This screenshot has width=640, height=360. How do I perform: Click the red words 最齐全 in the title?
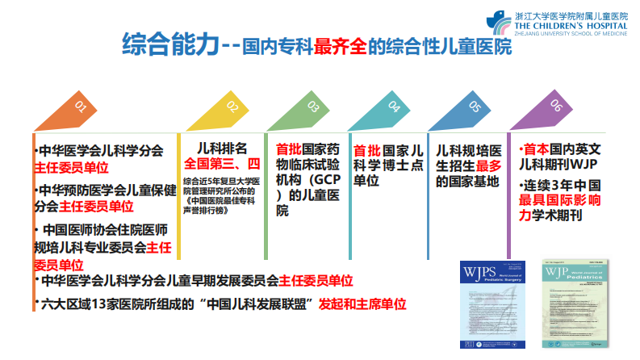click(x=348, y=45)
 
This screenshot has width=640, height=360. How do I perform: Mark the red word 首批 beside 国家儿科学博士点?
click(x=366, y=151)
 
